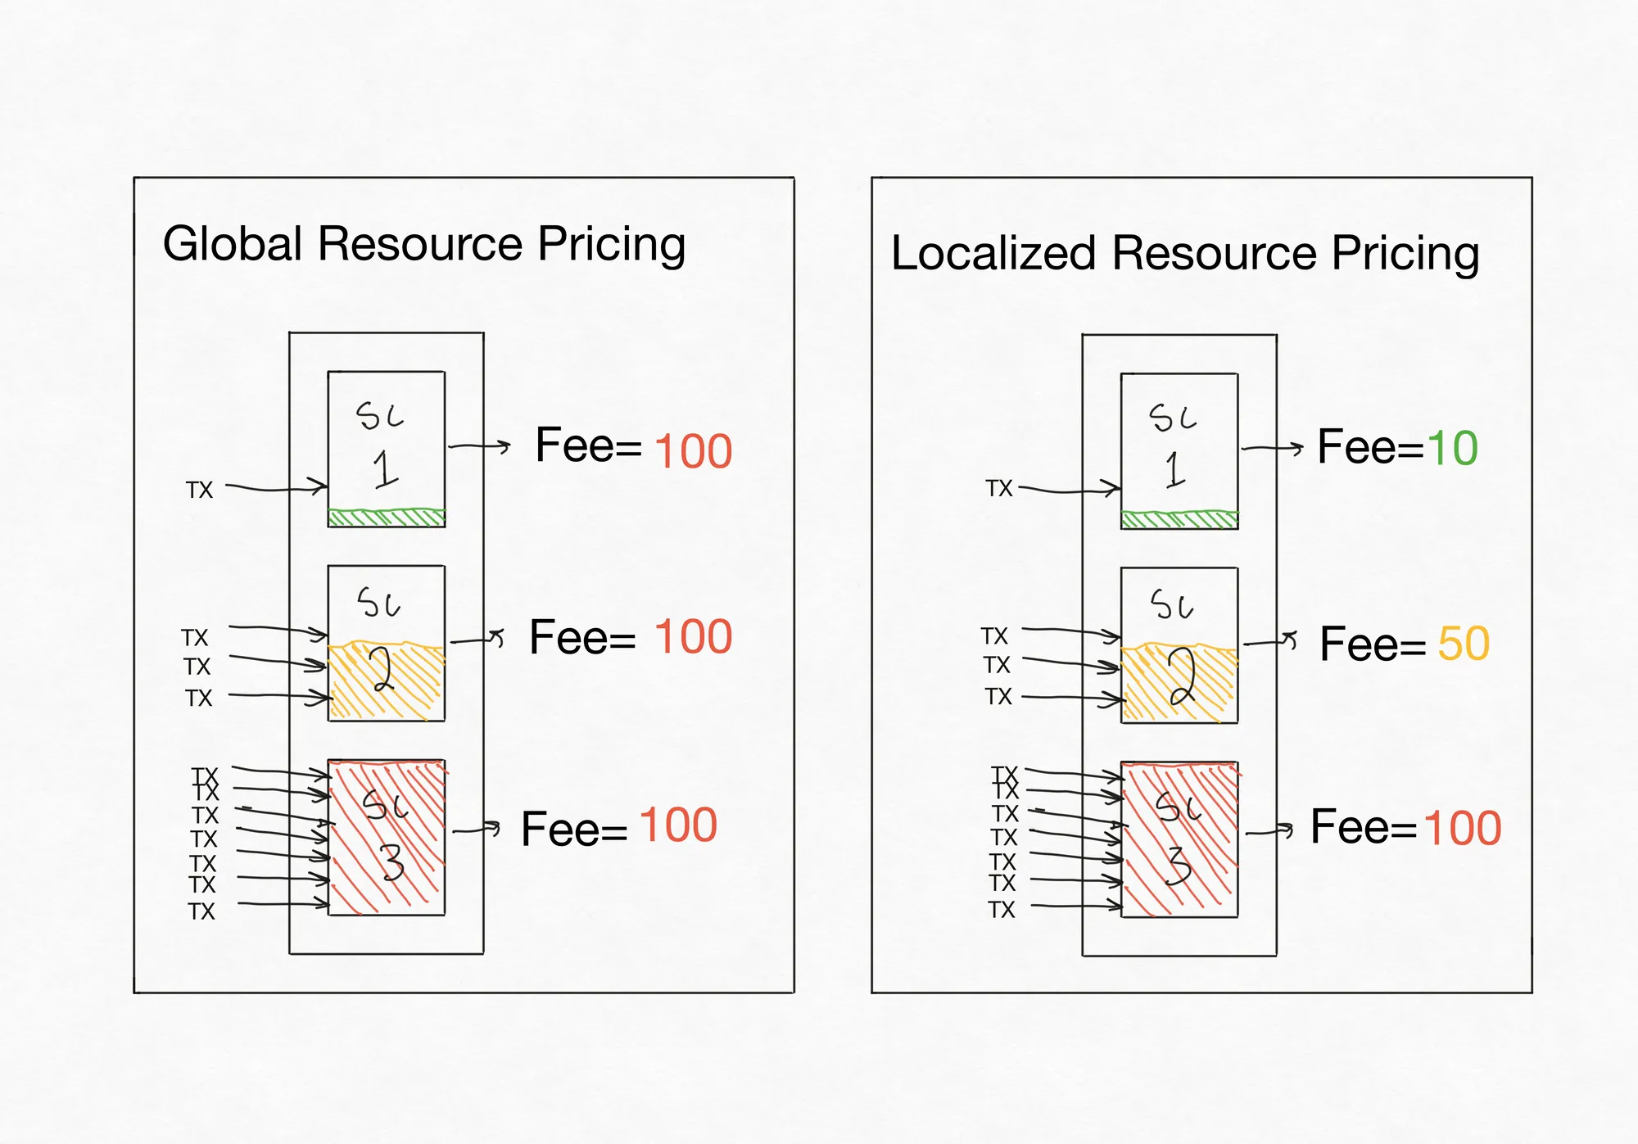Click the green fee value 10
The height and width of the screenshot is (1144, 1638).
pos(1452,448)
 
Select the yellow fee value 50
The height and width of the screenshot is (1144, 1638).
pos(1464,644)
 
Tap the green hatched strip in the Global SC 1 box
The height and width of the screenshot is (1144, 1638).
pos(387,518)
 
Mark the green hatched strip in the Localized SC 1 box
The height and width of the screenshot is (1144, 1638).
pos(1179,520)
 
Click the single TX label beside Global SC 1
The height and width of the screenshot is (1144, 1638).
pos(199,490)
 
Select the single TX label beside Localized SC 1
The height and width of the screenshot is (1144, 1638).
pos(999,488)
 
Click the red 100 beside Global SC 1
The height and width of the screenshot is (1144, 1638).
pos(694,451)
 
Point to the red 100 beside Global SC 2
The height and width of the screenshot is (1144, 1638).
pos(694,636)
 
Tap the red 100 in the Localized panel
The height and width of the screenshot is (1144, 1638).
pos(1463,828)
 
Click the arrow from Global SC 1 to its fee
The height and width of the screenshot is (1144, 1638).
pos(479,446)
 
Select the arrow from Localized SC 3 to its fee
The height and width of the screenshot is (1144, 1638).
pos(1269,832)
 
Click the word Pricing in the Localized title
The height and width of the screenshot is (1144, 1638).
pos(1405,254)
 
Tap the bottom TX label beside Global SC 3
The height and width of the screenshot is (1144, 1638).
pos(201,911)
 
